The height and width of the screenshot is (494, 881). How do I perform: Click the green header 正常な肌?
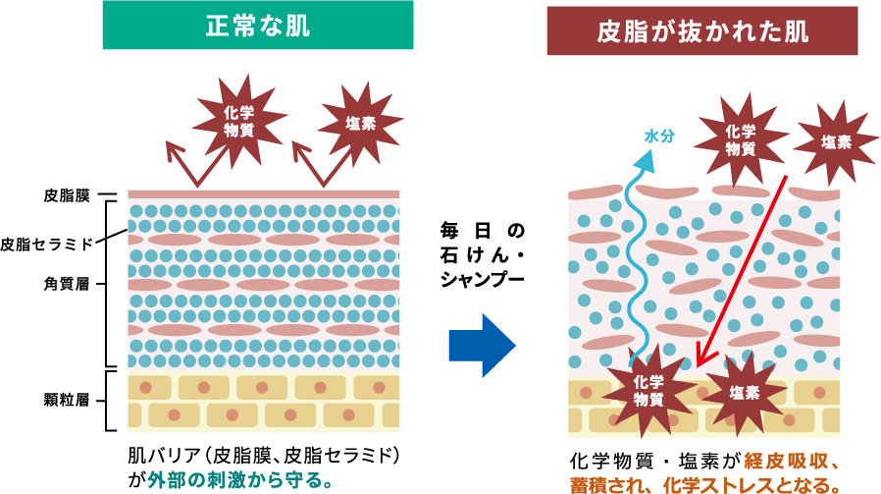pyautogui.click(x=257, y=25)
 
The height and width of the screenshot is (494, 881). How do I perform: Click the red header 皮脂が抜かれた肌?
pyautogui.click(x=701, y=31)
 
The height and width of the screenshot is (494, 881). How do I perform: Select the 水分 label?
pyautogui.click(x=659, y=137)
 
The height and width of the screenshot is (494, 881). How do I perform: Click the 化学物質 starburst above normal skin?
pyautogui.click(x=238, y=121)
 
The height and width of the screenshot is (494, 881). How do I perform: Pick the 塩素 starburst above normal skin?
pyautogui.click(x=360, y=124)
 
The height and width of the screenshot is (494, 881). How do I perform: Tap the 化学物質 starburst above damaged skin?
pyautogui.click(x=741, y=139)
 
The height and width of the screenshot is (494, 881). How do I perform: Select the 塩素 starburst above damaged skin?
pyautogui.click(x=836, y=142)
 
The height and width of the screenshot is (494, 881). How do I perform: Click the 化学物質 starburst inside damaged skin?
pyautogui.click(x=648, y=390)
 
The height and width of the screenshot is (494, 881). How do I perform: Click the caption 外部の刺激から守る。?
pyautogui.click(x=241, y=480)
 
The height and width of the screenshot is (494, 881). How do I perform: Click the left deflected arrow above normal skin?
pyautogui.click(x=185, y=164)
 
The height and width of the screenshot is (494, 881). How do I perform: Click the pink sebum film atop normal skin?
pyautogui.click(x=263, y=194)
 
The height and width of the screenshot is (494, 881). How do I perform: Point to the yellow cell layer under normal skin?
pyautogui.click(x=263, y=403)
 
